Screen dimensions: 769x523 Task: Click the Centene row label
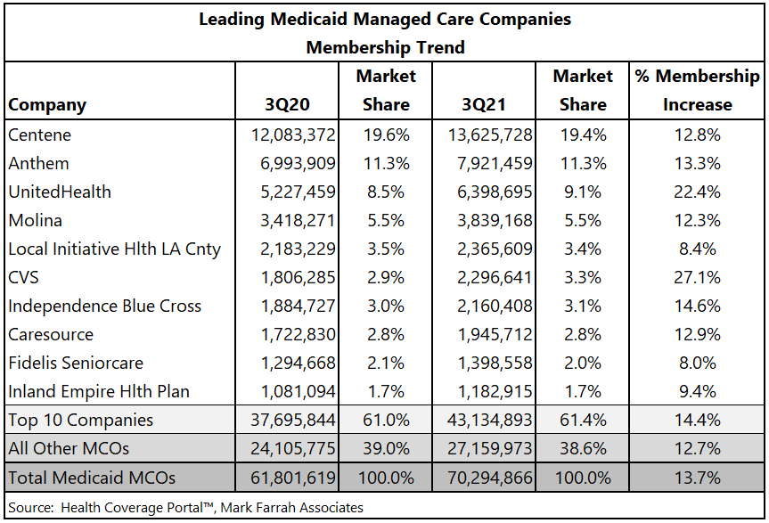click(40, 135)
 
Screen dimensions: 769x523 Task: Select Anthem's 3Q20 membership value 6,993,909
click(298, 163)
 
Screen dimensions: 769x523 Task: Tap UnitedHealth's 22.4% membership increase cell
click(697, 192)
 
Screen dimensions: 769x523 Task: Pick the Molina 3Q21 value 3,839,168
click(495, 221)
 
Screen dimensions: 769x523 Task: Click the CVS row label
click(23, 277)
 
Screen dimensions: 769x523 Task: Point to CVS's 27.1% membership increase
click(697, 277)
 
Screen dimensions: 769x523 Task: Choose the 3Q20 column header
click(288, 104)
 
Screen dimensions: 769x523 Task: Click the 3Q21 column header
click(484, 104)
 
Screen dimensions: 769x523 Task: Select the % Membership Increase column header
click(697, 90)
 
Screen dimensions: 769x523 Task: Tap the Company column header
click(47, 105)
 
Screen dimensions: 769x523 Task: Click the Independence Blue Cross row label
click(105, 306)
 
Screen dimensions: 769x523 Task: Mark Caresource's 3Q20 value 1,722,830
click(298, 334)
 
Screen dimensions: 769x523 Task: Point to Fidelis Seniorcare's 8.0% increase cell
click(697, 364)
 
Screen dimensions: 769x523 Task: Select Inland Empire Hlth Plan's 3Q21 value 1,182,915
click(495, 392)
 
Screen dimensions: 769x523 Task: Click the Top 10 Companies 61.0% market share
click(386, 420)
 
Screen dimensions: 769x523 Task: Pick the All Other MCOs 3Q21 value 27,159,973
click(489, 448)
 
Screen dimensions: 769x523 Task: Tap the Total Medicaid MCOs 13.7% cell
click(697, 478)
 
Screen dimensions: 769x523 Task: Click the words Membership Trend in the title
click(386, 47)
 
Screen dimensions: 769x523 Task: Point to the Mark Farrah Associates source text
click(291, 507)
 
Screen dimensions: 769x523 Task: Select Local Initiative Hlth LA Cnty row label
click(115, 249)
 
